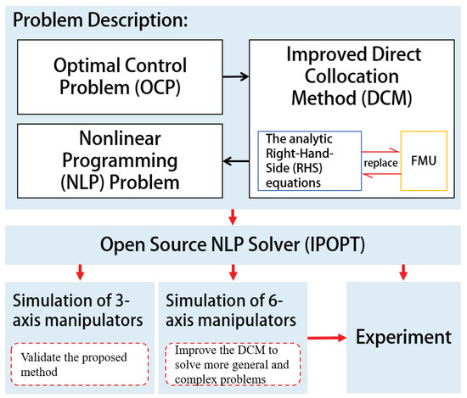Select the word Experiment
point(402,336)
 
